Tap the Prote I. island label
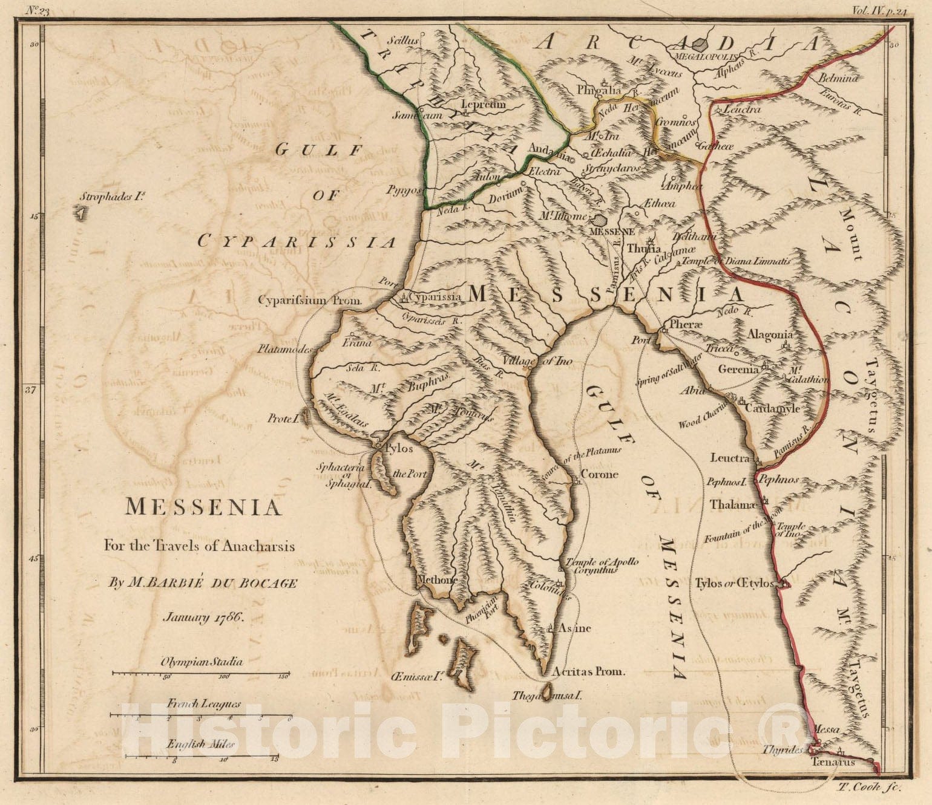coord(281,418)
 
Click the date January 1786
coord(203,618)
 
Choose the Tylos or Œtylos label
coord(735,584)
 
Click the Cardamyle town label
coord(773,408)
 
